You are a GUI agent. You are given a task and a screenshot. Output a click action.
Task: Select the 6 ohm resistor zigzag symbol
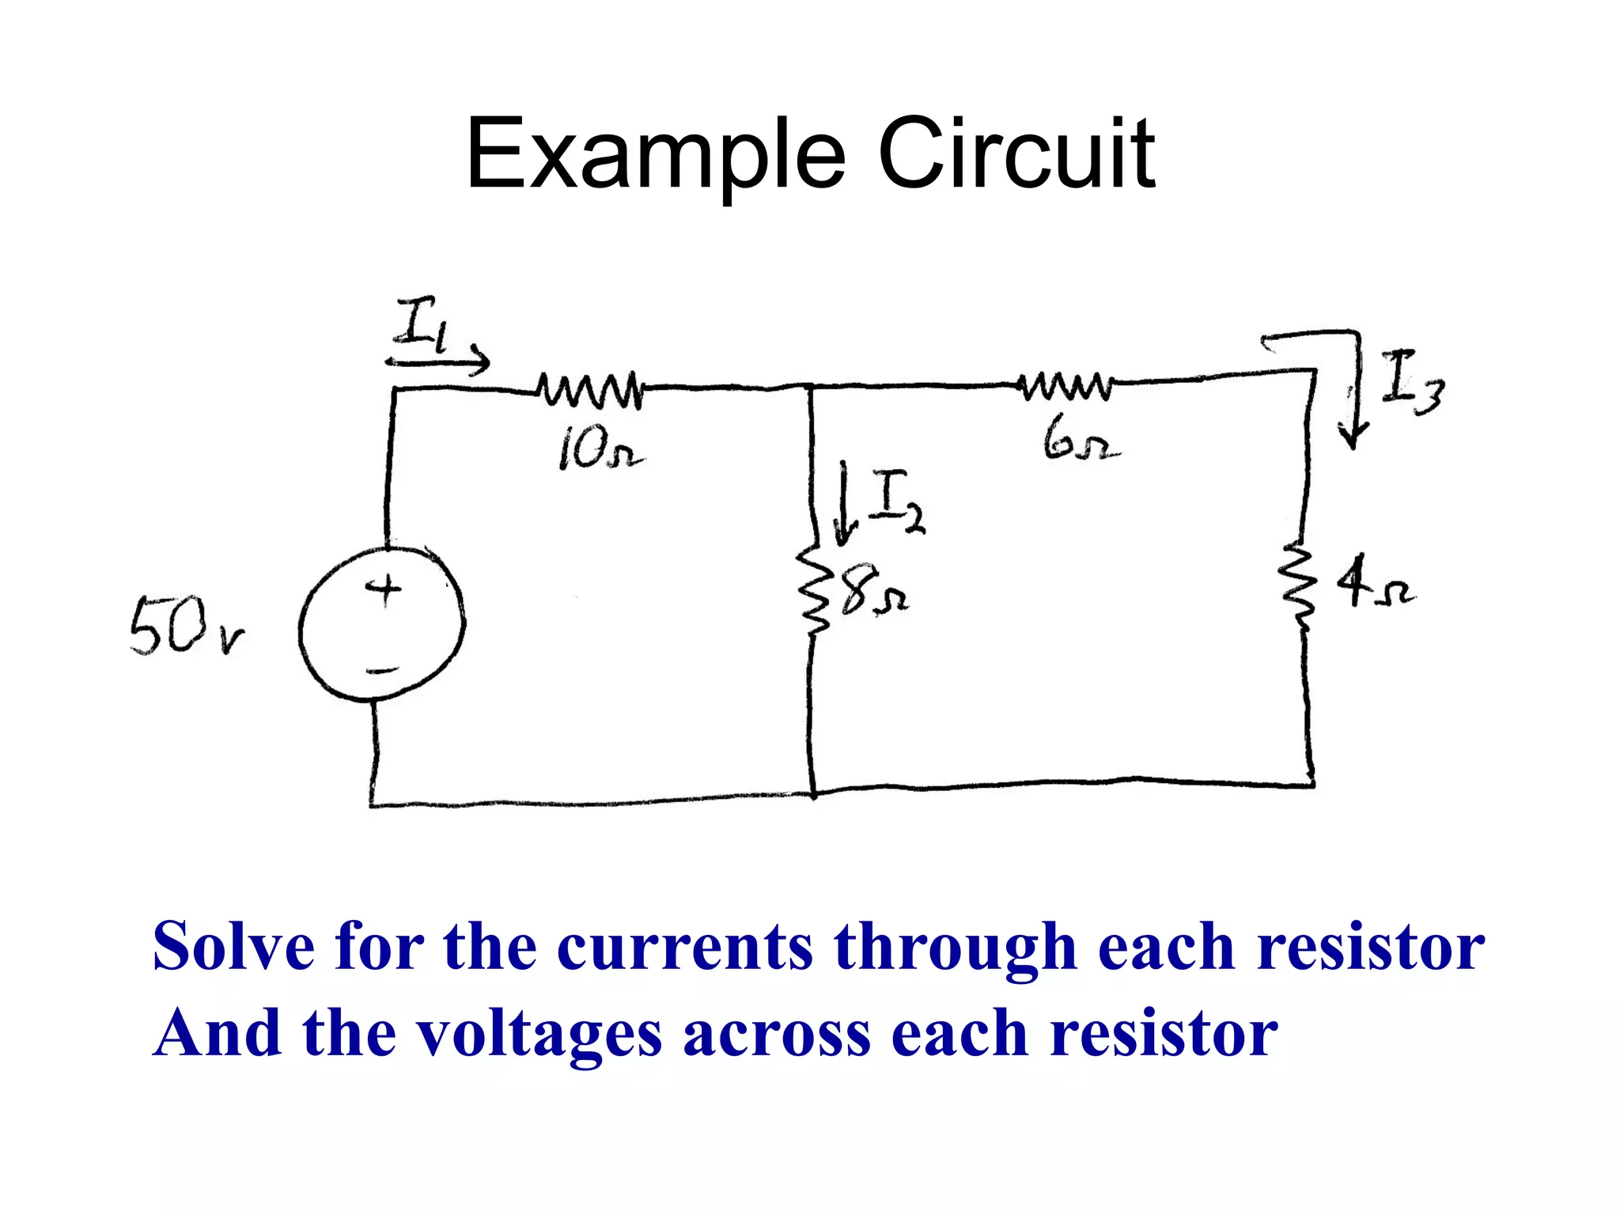pos(1067,385)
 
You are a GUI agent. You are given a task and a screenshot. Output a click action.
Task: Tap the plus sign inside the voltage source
pos(384,589)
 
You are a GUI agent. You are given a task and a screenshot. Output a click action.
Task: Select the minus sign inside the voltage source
pos(382,672)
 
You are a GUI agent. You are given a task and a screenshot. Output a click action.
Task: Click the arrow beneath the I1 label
pos(438,363)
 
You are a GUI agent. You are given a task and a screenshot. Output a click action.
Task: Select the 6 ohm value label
pos(1080,441)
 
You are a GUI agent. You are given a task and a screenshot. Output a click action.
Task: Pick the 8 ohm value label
pos(873,592)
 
